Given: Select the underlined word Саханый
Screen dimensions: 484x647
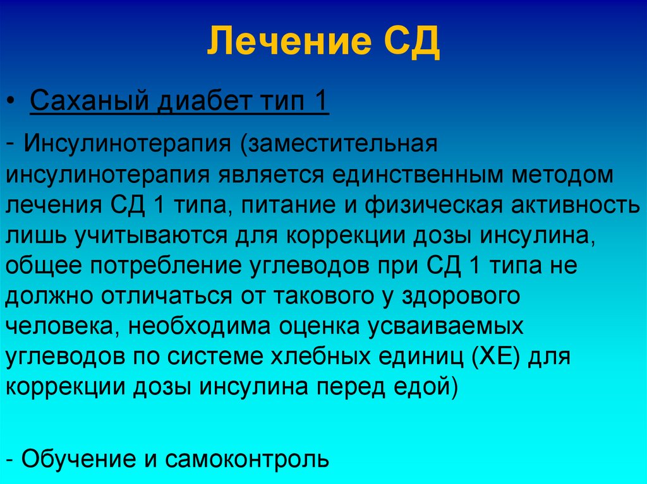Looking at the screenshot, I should click(x=89, y=100).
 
